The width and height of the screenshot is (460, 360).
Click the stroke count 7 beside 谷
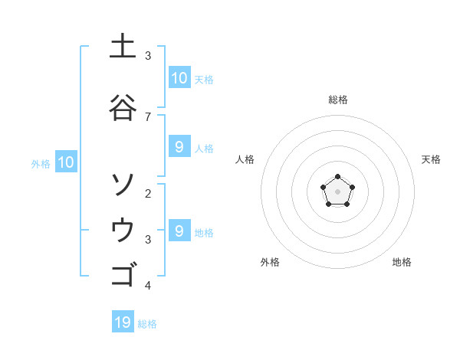[x=148, y=116]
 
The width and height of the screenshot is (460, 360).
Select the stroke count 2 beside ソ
[x=148, y=193]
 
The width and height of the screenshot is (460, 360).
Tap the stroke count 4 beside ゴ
[x=148, y=286]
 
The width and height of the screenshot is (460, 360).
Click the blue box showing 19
[x=123, y=322]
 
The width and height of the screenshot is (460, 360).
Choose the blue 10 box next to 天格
[x=179, y=78]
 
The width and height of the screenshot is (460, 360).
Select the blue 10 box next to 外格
[x=65, y=162]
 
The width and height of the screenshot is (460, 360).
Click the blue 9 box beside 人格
[x=179, y=147]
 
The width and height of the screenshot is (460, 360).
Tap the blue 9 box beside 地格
[x=179, y=231]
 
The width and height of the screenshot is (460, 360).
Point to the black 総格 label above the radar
[x=337, y=100]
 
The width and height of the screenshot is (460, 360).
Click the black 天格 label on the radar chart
[x=431, y=159]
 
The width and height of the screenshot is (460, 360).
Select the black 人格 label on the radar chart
[x=245, y=159]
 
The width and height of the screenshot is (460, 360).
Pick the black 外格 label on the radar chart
[x=270, y=262]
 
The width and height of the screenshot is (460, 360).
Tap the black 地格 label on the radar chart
[x=402, y=262]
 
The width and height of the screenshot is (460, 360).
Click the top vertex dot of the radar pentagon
[x=337, y=178]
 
